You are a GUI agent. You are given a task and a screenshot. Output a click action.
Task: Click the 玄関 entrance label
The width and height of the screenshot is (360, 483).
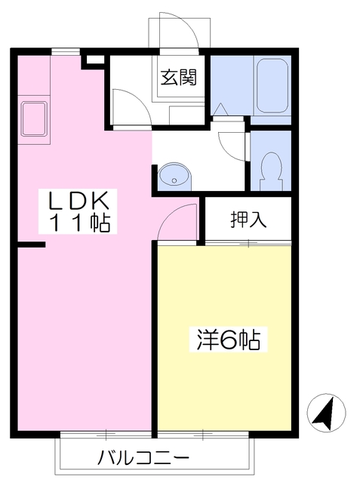pyautogui.click(x=179, y=77)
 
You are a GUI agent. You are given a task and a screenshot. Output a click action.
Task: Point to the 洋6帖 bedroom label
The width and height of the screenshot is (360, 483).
pyautogui.click(x=228, y=340)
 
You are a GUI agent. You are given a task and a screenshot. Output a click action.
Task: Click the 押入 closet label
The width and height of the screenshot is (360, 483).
pyautogui.click(x=248, y=220)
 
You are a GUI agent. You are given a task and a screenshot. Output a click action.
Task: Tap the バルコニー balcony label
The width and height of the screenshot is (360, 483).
pyautogui.click(x=143, y=459)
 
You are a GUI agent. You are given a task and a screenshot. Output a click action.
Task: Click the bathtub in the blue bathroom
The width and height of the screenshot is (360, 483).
pyautogui.click(x=272, y=85)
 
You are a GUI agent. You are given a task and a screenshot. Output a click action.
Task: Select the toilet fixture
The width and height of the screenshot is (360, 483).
pyautogui.click(x=271, y=171)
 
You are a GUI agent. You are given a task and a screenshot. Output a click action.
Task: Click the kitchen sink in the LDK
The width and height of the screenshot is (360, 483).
pyautogui.click(x=33, y=119)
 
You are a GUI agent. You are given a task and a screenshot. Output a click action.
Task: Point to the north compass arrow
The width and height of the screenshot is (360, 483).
pyautogui.click(x=324, y=412)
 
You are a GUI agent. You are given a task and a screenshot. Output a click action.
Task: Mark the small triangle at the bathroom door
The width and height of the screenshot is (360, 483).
pyautogui.click(x=220, y=109)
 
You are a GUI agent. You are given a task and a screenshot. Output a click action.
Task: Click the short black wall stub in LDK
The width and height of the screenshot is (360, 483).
pyautogui.click(x=32, y=245)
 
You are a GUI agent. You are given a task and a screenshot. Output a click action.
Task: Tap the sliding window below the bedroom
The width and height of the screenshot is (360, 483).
pyautogui.click(x=203, y=435)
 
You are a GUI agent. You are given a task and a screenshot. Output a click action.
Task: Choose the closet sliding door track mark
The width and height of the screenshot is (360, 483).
pyautogui.click(x=249, y=243)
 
